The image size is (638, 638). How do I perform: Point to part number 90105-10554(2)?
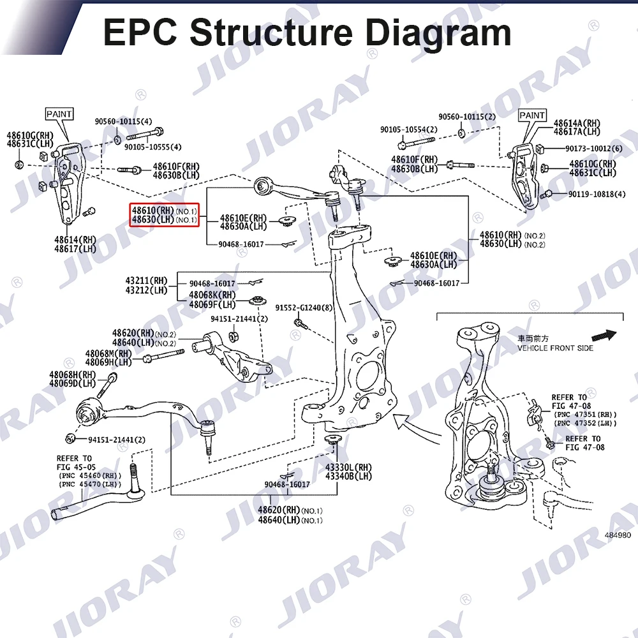coord(409,130)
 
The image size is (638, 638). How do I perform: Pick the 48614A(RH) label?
coord(577,123)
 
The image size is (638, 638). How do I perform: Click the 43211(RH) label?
coord(146,280)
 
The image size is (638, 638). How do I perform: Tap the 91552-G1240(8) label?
coord(304,308)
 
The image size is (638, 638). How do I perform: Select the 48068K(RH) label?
coord(212,295)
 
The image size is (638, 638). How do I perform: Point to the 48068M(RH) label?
coord(108,353)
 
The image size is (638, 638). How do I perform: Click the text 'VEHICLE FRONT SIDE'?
coord(554,348)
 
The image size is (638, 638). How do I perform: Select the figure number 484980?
coord(617,535)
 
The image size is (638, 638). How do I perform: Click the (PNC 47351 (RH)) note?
coord(586,413)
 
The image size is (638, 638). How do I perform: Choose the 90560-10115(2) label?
coord(466,117)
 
